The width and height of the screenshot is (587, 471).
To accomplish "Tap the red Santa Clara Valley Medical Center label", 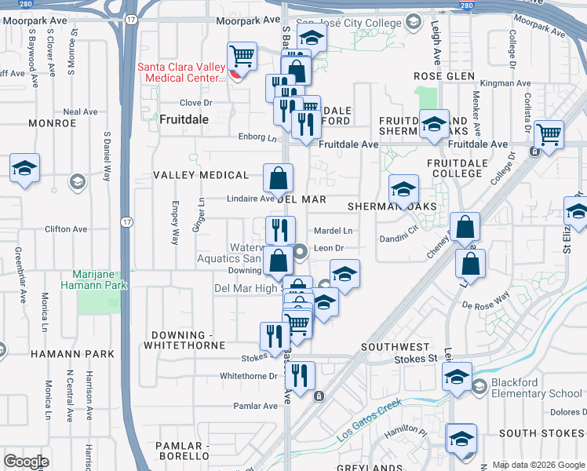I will pyautogui.click(x=181, y=72).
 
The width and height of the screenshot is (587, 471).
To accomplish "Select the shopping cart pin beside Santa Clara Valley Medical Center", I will pyautogui.click(x=242, y=57).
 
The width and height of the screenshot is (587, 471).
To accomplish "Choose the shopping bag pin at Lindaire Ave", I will pyautogui.click(x=278, y=180).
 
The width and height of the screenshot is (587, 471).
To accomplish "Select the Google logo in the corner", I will pyautogui.click(x=25, y=462).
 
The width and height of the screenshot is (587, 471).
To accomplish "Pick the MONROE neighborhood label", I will pyautogui.click(x=52, y=123).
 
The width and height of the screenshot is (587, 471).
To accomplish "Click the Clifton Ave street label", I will pyautogui.click(x=66, y=229).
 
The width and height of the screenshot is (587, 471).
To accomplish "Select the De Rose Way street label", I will pyautogui.click(x=486, y=302).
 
